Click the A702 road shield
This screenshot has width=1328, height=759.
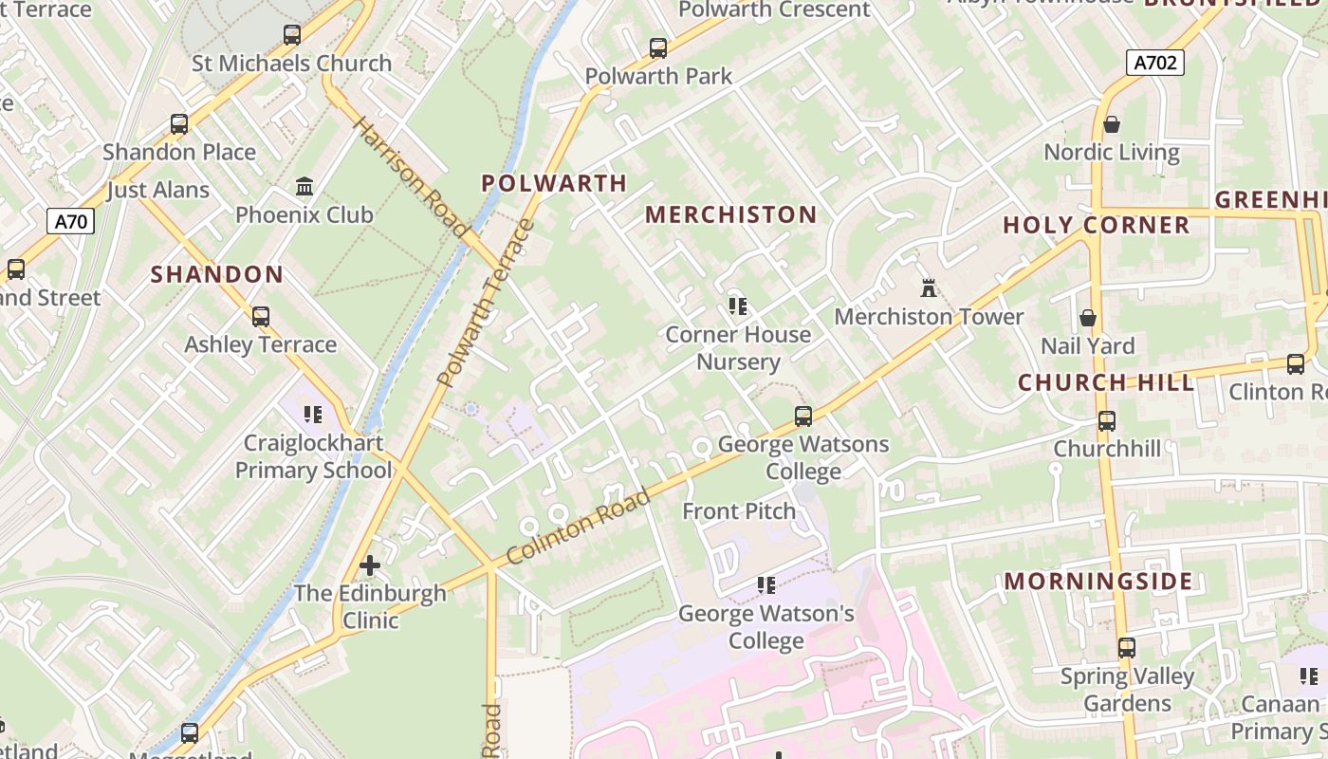pyautogui.click(x=1155, y=63)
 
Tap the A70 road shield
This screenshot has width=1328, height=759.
pyautogui.click(x=71, y=222)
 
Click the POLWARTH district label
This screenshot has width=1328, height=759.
pyautogui.click(x=554, y=183)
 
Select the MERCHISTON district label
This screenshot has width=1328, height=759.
pyautogui.click(x=730, y=215)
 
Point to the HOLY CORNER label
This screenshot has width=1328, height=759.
pyautogui.click(x=1096, y=226)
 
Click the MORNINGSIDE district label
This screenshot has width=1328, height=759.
pyautogui.click(x=1098, y=581)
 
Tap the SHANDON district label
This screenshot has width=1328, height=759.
pyautogui.click(x=217, y=275)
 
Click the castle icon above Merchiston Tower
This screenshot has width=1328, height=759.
pyautogui.click(x=928, y=287)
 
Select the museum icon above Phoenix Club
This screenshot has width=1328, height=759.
pyautogui.click(x=304, y=186)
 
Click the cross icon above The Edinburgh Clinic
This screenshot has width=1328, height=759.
pyautogui.click(x=370, y=565)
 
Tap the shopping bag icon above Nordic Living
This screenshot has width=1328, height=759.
pyautogui.click(x=1112, y=124)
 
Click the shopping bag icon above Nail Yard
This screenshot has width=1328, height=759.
pyautogui.click(x=1088, y=318)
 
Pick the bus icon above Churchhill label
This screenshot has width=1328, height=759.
pyautogui.click(x=1106, y=420)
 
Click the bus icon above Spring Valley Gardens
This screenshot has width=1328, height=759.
pyautogui.click(x=1126, y=648)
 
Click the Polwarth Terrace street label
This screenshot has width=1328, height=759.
pyautogui.click(x=487, y=304)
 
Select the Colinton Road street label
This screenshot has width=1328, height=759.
pyautogui.click(x=579, y=527)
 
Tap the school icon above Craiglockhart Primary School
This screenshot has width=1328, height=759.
pyautogui.click(x=313, y=415)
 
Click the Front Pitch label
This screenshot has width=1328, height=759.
pyautogui.click(x=739, y=511)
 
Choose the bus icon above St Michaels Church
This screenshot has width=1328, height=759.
pyautogui.click(x=292, y=35)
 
